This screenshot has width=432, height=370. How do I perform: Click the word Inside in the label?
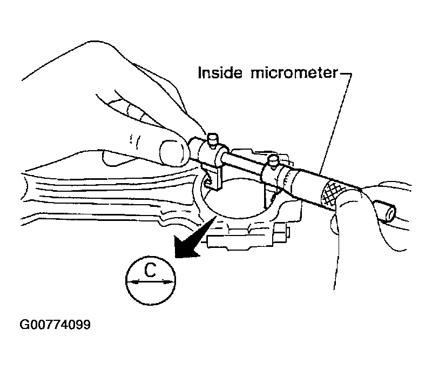point(220,73)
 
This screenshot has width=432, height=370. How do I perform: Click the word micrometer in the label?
point(294,73)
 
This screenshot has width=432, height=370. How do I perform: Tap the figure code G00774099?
point(55,325)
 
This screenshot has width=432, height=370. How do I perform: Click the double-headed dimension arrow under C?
point(151,281)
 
